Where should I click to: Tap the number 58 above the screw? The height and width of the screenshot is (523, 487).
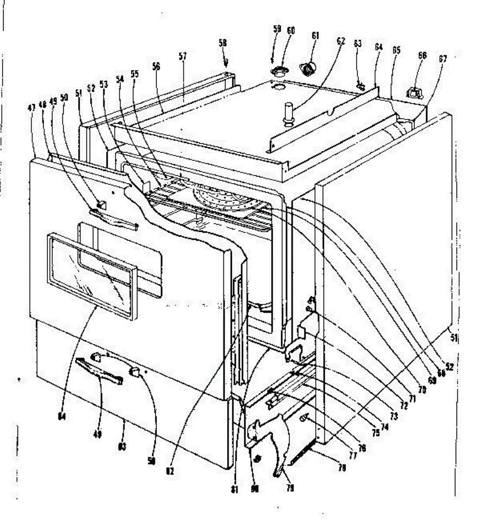coord(223,43)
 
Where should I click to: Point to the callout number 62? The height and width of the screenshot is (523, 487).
coord(341,41)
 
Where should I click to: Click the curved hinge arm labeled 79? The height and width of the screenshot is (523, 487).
coord(281,449)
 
